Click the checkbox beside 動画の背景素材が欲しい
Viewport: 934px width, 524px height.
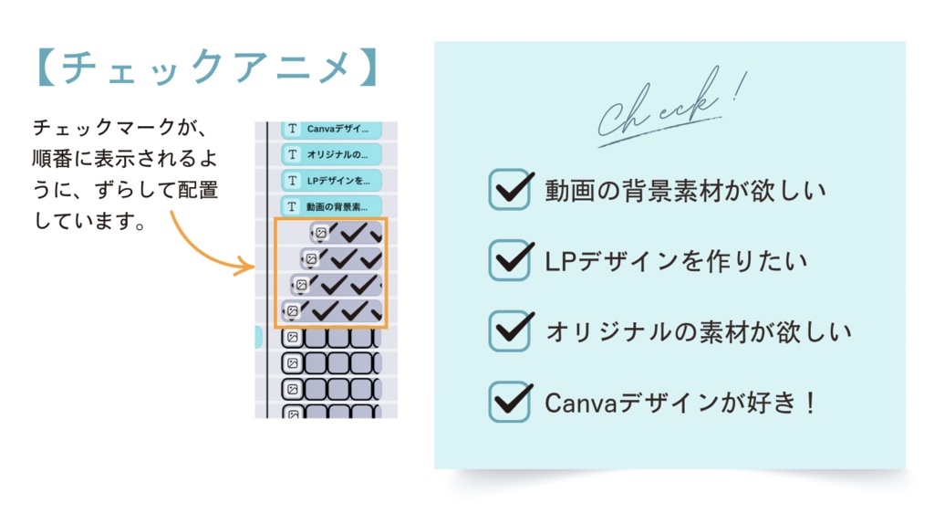pyautogui.click(x=509, y=189)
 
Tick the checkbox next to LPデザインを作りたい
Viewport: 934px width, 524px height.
pyautogui.click(x=509, y=260)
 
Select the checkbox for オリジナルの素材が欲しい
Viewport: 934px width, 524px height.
pyautogui.click(x=509, y=330)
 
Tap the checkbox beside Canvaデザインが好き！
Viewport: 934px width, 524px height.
pyautogui.click(x=509, y=402)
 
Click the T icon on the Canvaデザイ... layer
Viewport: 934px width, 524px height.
pyautogui.click(x=293, y=129)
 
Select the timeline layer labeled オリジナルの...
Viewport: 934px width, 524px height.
pyautogui.click(x=330, y=154)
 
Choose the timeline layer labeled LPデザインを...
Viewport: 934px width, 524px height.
pyautogui.click(x=330, y=180)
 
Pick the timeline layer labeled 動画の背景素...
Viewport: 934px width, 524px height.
pyautogui.click(x=330, y=205)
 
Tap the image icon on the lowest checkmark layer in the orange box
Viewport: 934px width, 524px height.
pyautogui.click(x=292, y=310)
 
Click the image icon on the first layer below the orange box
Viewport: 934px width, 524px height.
pyautogui.click(x=292, y=338)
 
